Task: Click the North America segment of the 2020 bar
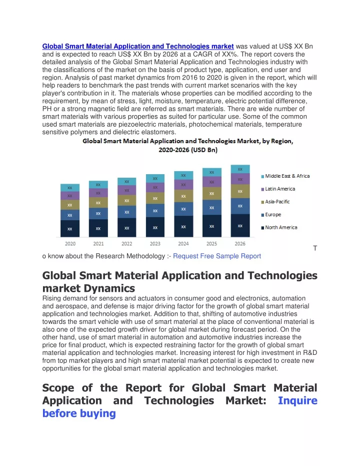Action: pos(69,229)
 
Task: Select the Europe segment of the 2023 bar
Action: pos(155,210)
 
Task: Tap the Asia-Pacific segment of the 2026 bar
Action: pos(240,191)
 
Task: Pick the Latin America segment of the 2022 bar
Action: pos(126,190)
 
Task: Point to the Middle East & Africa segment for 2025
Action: pos(211,172)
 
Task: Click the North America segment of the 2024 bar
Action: pos(183,226)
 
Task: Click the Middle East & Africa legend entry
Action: pos(285,176)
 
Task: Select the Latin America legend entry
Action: pos(278,189)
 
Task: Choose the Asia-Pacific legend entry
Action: pos(275,202)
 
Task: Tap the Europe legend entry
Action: pos(271,214)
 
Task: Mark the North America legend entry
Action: pos(279,227)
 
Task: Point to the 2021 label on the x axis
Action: pos(98,244)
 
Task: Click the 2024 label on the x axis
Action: pos(183,244)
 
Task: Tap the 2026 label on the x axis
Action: pos(240,244)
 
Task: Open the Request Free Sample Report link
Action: pos(217,256)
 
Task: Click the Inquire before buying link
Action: pos(179,407)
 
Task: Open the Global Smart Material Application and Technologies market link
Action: pos(138,47)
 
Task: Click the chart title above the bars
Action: pos(188,145)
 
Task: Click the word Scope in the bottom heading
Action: pos(59,388)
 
